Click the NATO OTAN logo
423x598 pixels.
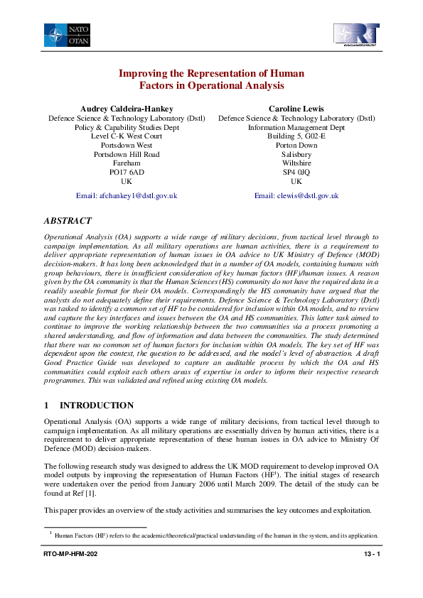66,35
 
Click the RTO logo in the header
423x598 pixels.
356,35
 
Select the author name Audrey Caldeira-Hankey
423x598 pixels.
127,108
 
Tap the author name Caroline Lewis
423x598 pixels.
296,108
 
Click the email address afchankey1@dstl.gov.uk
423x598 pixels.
127,195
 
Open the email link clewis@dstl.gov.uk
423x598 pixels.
296,195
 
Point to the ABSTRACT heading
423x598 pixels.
69,221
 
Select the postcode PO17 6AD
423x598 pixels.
127,172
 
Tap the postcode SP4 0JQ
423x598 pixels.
296,172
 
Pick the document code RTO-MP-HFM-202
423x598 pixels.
70,572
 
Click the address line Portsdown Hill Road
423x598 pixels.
127,154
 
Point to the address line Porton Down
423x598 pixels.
296,145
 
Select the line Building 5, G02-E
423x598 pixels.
296,136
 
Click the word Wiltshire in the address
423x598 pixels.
296,163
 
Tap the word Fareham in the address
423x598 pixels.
127,163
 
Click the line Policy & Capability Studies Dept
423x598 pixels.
127,127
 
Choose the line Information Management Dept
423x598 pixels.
296,127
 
